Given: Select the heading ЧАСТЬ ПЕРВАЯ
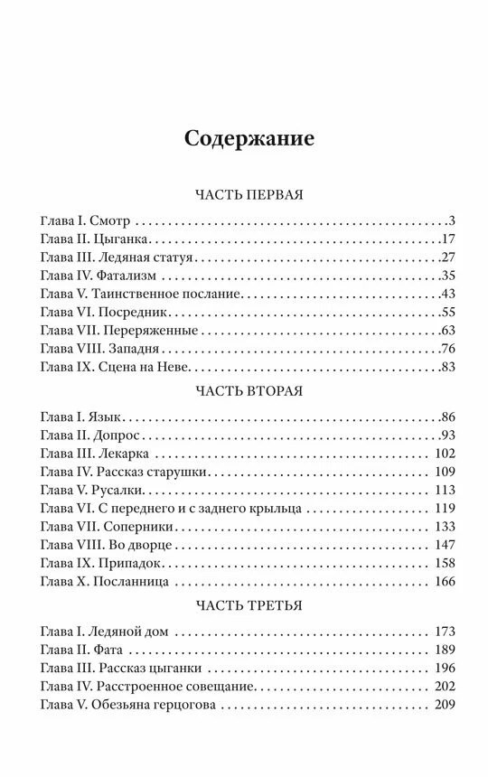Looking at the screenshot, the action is (x=249, y=195).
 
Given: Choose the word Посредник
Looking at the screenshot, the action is (x=136, y=313).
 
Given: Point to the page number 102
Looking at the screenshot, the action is (x=443, y=454).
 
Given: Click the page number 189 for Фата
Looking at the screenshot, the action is (x=443, y=651).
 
